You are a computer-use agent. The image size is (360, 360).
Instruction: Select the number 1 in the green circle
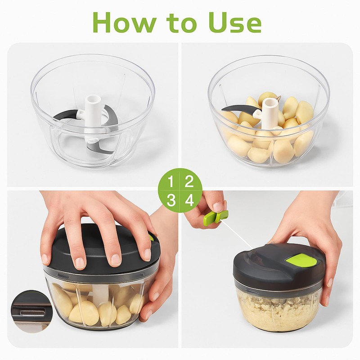click(x=171, y=182)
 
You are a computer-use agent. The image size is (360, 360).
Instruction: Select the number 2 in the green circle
click(x=189, y=182)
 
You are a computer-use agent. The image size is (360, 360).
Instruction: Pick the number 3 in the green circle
click(x=171, y=200)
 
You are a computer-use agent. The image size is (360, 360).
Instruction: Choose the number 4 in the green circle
click(x=189, y=200)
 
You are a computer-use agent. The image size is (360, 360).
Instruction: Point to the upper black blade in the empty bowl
click(x=67, y=115)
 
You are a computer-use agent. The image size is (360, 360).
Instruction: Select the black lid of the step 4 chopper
click(x=270, y=265)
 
